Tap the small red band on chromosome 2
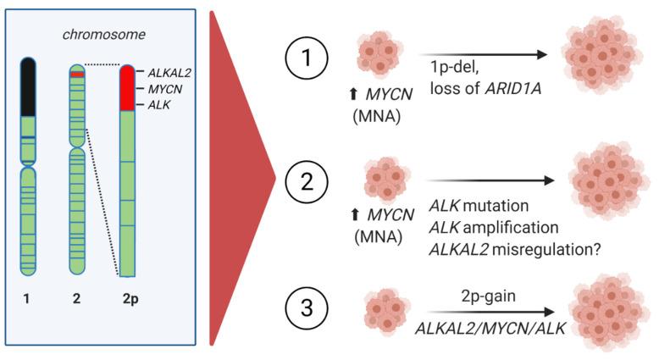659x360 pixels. (x=78, y=75)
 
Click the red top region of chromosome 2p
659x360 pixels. (x=128, y=88)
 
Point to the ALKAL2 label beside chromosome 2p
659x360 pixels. (x=169, y=73)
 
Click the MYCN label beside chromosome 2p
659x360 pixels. (x=165, y=90)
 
